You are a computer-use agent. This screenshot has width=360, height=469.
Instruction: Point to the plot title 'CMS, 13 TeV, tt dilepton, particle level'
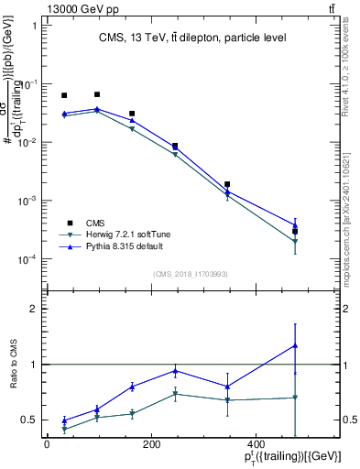click(192, 38)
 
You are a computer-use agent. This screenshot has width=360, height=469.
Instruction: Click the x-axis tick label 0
click(46, 445)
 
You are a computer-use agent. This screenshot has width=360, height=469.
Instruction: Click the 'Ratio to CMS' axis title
click(12, 365)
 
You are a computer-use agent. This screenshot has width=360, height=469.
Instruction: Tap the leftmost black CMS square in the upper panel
click(64, 95)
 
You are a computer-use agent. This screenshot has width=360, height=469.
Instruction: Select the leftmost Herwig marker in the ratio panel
click(64, 429)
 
